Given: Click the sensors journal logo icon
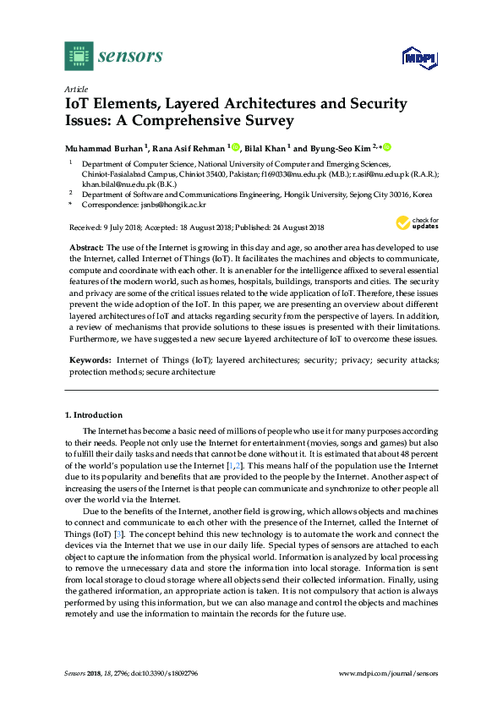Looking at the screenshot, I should click(x=78, y=56).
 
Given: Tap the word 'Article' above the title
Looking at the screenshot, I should click(x=76, y=89).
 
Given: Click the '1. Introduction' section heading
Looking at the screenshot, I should click(x=94, y=415).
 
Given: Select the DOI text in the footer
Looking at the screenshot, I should click(x=167, y=674).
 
